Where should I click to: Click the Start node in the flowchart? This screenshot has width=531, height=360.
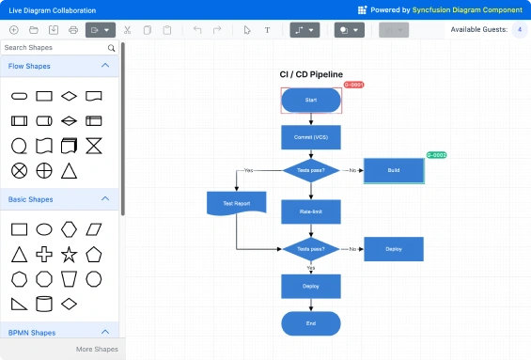(311, 100)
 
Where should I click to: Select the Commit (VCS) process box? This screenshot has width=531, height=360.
(311, 137)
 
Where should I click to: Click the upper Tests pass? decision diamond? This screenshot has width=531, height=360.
(311, 170)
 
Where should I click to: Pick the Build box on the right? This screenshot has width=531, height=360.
(394, 170)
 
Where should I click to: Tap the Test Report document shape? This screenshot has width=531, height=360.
(236, 203)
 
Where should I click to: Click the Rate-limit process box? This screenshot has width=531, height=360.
(311, 211)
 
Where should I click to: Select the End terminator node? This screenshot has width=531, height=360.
(311, 322)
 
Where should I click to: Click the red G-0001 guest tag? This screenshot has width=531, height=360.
(353, 85)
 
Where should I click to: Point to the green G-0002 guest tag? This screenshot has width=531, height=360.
(436, 154)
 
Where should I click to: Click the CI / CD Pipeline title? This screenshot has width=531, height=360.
(311, 74)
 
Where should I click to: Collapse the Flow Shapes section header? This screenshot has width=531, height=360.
(105, 66)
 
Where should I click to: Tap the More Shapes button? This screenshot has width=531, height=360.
(97, 349)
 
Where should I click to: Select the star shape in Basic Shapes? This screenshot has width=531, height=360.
(69, 254)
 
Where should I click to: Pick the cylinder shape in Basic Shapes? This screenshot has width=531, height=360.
(43, 303)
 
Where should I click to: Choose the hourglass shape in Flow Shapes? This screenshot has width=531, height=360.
(93, 146)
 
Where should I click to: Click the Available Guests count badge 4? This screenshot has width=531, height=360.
(520, 30)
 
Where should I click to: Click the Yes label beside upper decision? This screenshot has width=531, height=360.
(248, 170)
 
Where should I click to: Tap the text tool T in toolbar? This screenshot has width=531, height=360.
(267, 30)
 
